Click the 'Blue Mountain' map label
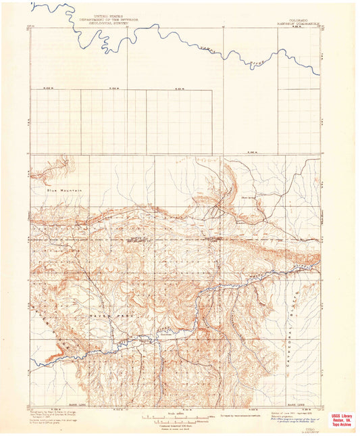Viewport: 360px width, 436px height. pyautogui.click(x=64, y=190)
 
